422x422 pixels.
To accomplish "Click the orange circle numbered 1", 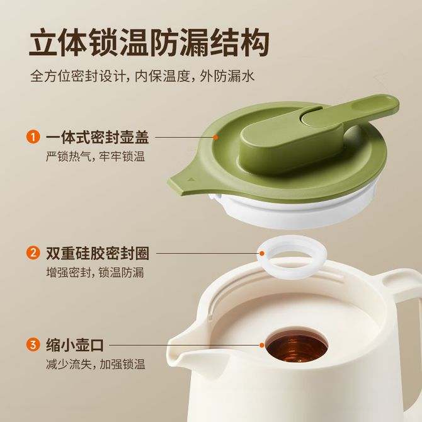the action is coord(33,137).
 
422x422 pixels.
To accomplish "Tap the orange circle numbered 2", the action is coord(33,253).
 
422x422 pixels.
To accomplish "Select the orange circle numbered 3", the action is coord(33,345).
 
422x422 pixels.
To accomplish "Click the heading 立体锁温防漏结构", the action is coord(149,43).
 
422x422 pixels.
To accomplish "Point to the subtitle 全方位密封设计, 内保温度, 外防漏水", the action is coord(142,76).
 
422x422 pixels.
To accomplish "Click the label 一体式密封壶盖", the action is coord(97,137).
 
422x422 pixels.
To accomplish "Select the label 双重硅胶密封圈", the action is coord(97,254).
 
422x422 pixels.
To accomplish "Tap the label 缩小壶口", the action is coord(74,345).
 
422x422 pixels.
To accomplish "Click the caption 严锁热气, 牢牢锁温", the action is coord(95,157).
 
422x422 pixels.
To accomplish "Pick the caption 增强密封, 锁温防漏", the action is coord(94,272).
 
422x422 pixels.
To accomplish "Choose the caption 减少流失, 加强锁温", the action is coord(95,364).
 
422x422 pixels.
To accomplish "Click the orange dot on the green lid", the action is coord(215,137).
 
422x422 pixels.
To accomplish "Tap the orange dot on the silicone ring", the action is coord(262,253).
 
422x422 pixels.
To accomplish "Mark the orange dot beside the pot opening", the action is coord(262,345).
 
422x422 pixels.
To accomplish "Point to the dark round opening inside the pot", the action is coord(297,346).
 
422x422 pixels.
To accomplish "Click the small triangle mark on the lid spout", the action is coord(191,180).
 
